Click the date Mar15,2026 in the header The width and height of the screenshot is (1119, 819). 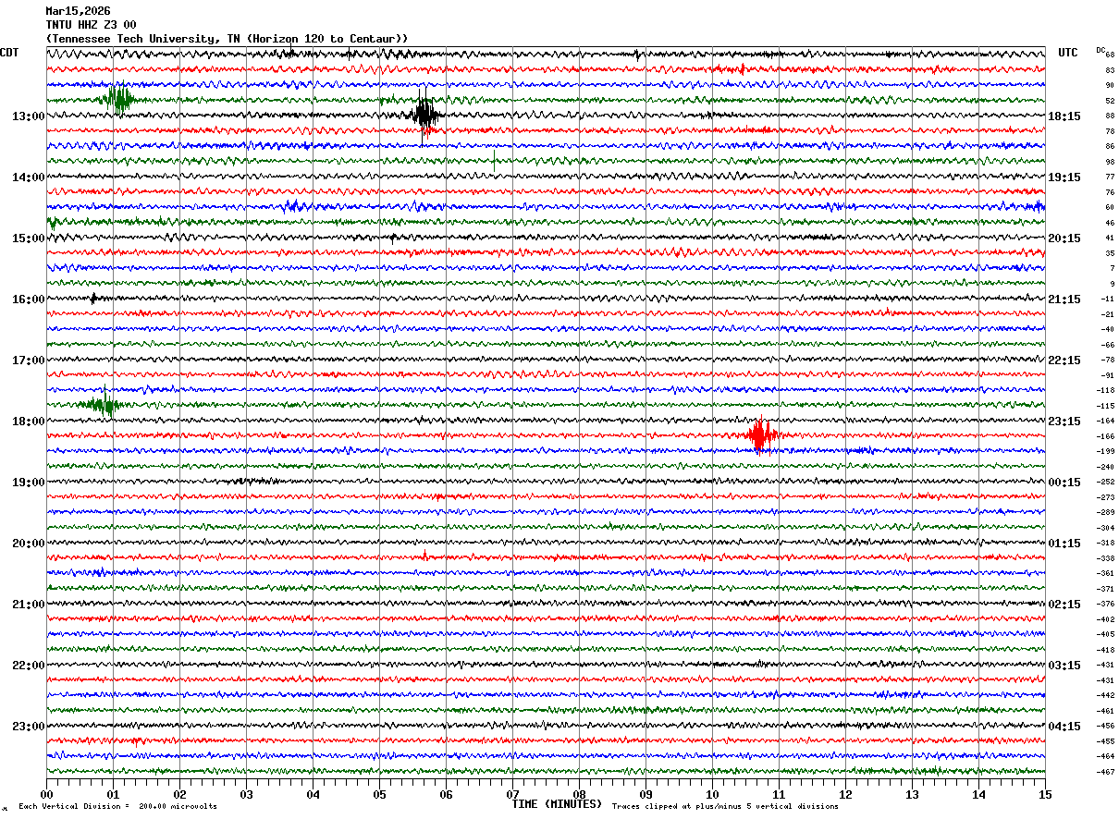pyautogui.click(x=77, y=11)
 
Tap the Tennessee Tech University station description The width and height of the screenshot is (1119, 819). pyautogui.click(x=227, y=39)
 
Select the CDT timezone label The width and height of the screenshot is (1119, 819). pyautogui.click(x=9, y=53)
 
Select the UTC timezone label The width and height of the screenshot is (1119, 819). pyautogui.click(x=1068, y=53)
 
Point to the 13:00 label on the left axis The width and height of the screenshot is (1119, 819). pyautogui.click(x=28, y=116)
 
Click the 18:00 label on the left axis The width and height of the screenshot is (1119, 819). pyautogui.click(x=28, y=422)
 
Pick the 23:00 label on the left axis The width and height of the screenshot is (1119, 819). pyautogui.click(x=28, y=727)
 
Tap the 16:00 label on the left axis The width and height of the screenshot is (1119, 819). pyautogui.click(x=28, y=299)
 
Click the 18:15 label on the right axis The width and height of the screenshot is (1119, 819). pyautogui.click(x=1064, y=116)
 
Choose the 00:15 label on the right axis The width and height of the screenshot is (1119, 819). pyautogui.click(x=1064, y=483)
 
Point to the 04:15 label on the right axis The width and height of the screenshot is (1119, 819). pyautogui.click(x=1064, y=727)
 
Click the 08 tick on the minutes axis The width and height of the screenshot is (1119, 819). pyautogui.click(x=579, y=794)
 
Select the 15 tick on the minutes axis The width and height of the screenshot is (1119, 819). pyautogui.click(x=1044, y=794)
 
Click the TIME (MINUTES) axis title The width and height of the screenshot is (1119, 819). pyautogui.click(x=557, y=804)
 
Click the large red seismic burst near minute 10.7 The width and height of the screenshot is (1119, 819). pyautogui.click(x=760, y=435)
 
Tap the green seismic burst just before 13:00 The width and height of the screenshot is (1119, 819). pyautogui.click(x=118, y=98)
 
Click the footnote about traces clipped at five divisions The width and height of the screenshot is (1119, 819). pyautogui.click(x=725, y=807)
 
